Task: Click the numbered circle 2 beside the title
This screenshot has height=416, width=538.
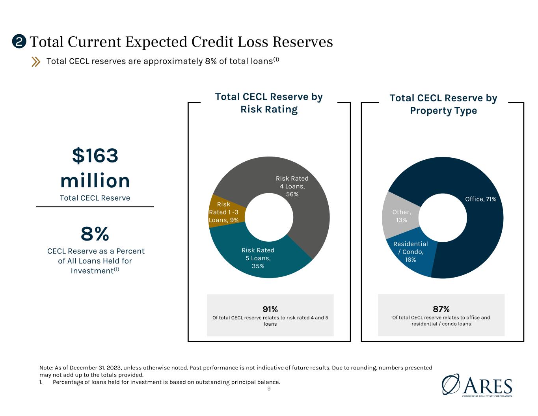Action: (19, 41)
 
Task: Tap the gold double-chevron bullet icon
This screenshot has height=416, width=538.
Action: (35, 62)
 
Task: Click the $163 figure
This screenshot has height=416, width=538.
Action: (95, 155)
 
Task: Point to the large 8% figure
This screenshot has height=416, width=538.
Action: (95, 234)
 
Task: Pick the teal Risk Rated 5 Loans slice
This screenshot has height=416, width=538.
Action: (257, 257)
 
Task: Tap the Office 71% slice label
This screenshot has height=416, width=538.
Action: (480, 199)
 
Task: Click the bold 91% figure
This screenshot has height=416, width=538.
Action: (270, 309)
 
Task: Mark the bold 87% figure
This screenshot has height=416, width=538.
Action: (441, 309)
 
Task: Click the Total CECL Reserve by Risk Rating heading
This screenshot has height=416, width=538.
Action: (269, 103)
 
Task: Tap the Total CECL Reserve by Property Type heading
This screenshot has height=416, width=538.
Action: (443, 104)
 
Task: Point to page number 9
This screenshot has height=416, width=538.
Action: (269, 389)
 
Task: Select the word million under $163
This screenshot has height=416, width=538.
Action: (95, 181)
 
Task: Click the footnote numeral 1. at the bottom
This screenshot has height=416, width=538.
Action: (41, 382)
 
